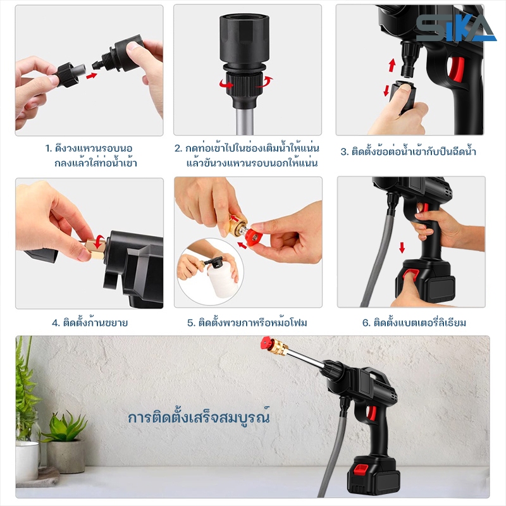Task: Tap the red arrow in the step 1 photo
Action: pos(92,76)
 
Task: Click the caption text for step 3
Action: pos(408,151)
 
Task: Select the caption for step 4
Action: pos(90,323)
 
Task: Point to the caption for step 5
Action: pos(247,323)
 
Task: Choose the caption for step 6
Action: pos(414,323)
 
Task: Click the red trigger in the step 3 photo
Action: pos(455,69)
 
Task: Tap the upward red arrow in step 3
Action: pos(392,65)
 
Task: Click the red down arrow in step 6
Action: pos(402,247)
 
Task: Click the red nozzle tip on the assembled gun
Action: pos(267,343)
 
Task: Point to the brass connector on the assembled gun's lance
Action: pos(280,347)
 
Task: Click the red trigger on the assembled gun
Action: pos(372,413)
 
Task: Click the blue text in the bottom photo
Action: pos(199,417)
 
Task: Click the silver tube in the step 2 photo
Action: pos(245,121)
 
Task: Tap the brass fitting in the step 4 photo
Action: pos(96,247)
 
